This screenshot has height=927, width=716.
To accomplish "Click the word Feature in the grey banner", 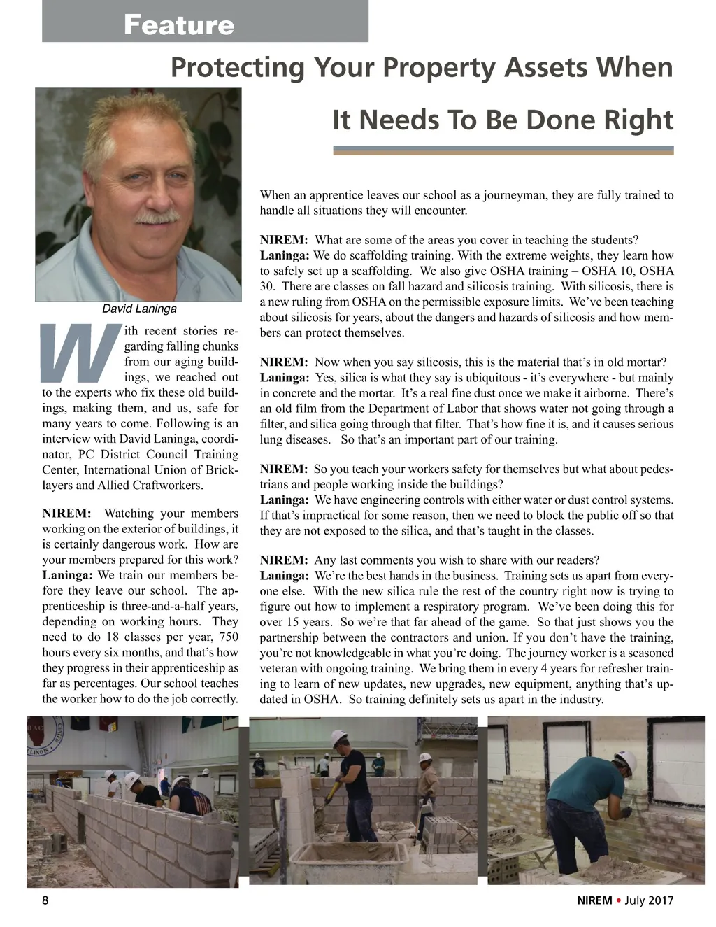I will coord(179,25).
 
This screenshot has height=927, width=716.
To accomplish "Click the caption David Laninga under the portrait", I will coord(139,309).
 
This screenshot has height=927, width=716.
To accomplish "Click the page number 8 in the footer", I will coord(45,900).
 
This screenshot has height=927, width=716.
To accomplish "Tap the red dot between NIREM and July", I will coord(618,900).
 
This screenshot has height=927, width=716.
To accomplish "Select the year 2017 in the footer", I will coord(661,900).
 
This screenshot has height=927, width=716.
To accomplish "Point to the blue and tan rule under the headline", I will coord(503,150).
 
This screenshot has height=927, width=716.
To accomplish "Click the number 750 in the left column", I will coord(228,637).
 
